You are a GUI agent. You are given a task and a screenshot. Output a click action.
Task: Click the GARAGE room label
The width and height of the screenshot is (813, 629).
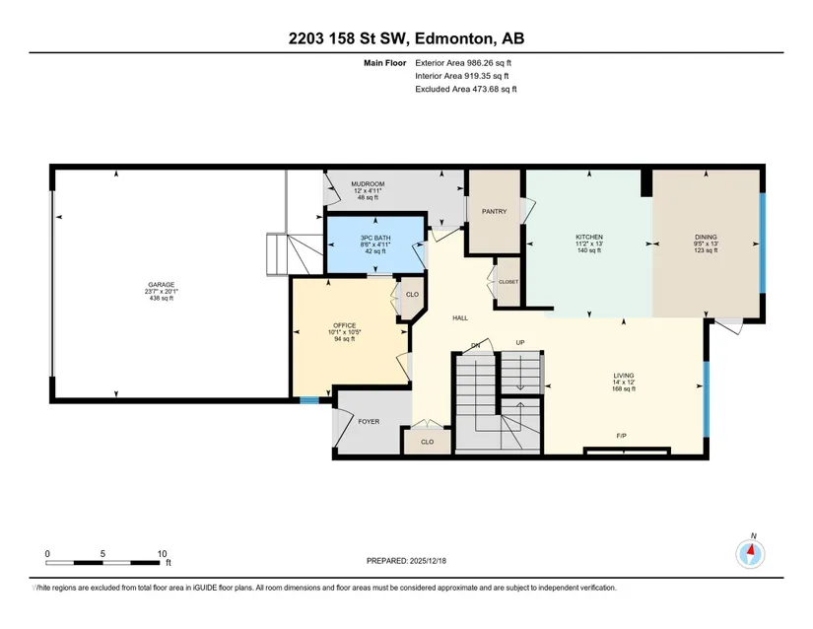(x=162, y=285)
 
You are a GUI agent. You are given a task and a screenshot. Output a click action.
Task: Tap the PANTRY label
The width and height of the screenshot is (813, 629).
(x=494, y=212)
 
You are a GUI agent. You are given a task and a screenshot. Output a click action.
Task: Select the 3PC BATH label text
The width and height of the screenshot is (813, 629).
(x=375, y=238)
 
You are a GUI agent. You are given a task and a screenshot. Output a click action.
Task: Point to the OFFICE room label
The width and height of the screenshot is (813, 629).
(x=344, y=325)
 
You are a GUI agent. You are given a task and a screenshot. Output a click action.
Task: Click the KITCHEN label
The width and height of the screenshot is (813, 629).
(x=589, y=237)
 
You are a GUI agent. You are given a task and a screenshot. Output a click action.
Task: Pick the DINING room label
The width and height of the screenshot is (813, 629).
(x=706, y=237)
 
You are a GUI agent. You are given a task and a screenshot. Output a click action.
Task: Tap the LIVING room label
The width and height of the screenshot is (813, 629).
(x=624, y=376)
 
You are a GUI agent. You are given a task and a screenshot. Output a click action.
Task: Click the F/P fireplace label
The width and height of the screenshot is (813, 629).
(x=621, y=436)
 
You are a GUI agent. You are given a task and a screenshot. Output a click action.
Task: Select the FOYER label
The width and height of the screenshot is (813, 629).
(x=369, y=422)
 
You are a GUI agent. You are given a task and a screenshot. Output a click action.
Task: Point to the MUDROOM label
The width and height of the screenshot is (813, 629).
(x=368, y=184)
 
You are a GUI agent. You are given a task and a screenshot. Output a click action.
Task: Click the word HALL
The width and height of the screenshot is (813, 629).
(x=460, y=317)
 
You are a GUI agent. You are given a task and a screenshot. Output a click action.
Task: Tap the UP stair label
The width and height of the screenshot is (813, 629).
(x=520, y=342)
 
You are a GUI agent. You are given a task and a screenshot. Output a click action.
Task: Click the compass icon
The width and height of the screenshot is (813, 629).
(x=750, y=554)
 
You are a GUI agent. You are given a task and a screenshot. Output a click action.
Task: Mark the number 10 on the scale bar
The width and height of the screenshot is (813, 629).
(x=162, y=554)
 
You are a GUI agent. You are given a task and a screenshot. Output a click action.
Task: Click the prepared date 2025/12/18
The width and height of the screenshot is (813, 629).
(x=428, y=561)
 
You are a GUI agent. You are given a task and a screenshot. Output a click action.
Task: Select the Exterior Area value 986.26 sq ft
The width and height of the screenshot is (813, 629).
(x=489, y=63)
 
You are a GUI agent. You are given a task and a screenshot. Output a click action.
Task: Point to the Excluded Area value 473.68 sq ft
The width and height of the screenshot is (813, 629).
(x=494, y=89)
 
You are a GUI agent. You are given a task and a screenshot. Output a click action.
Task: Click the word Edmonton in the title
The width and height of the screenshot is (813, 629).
(x=453, y=38)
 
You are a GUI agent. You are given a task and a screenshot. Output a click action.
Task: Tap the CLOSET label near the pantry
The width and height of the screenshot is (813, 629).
(x=508, y=282)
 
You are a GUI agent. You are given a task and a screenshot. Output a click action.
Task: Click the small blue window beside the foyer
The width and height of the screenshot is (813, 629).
(x=309, y=400)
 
